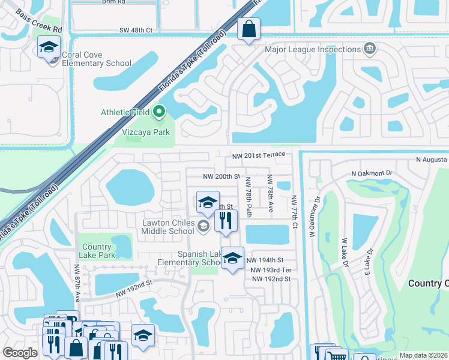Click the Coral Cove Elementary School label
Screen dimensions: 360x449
pos(97,59)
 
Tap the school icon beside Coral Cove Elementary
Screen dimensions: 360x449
pos(49,47)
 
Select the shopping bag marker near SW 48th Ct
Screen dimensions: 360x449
pos(248,29)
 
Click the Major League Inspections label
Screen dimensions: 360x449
pos(312,49)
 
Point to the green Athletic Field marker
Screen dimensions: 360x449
pos(159,111)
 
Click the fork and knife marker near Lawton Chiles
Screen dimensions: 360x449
pos(226,220)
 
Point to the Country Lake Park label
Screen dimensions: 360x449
pos(97,251)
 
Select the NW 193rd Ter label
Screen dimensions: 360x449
pos(271,271)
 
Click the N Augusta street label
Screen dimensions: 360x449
pos(432,160)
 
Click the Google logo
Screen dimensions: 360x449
pos(20,353)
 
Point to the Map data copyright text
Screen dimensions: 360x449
pos(423,355)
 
